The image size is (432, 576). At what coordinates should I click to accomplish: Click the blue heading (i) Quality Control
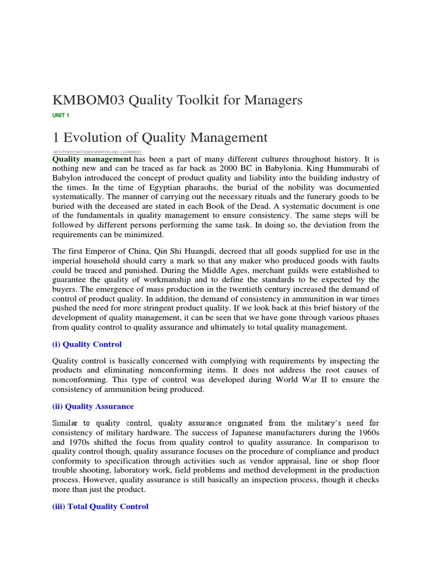(x=87, y=344)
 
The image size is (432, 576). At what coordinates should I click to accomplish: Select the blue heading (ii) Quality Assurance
(x=93, y=406)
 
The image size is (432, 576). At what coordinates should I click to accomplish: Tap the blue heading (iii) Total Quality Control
(x=100, y=506)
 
